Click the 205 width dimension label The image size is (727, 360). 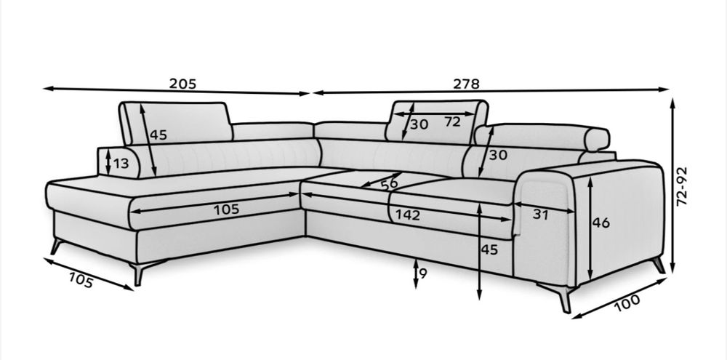(182, 84)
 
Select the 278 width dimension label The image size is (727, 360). (467, 84)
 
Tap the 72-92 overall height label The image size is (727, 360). (682, 186)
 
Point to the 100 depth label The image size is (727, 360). (627, 302)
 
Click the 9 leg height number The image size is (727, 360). (422, 273)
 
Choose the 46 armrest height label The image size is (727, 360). (601, 223)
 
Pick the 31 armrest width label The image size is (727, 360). (541, 215)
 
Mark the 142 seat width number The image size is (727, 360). (408, 215)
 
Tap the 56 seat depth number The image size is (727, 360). (390, 184)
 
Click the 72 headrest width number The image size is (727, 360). (452, 121)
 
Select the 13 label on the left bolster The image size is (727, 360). (121, 164)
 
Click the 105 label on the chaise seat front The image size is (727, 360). (226, 209)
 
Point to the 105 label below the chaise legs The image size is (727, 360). (81, 280)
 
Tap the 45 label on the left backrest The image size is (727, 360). (158, 135)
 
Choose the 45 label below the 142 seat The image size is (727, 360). (489, 249)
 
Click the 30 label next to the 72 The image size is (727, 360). (419, 124)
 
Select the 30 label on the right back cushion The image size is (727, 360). (498, 155)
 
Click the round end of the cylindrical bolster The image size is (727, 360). (597, 139)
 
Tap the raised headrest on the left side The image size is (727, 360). (175, 123)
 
